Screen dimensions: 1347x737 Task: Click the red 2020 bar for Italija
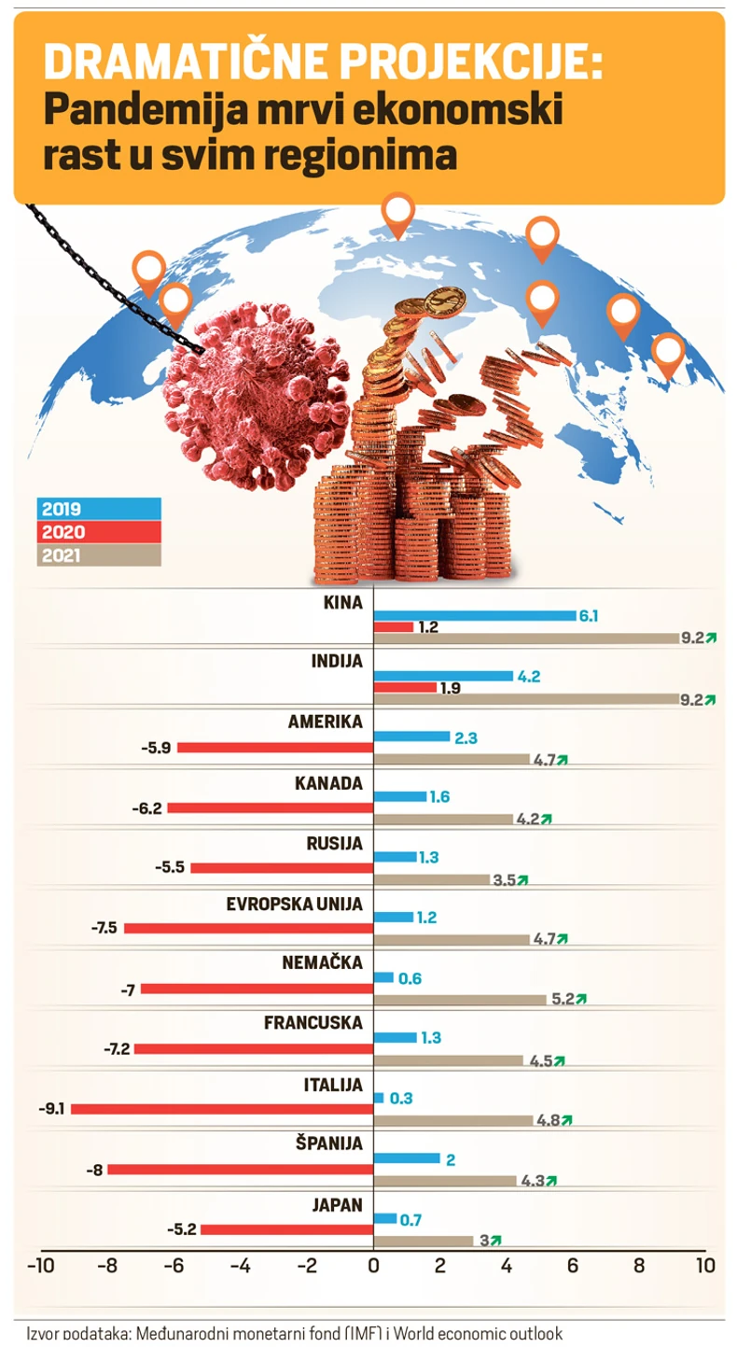[x=222, y=1109]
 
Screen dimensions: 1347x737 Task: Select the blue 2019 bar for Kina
[x=474, y=615]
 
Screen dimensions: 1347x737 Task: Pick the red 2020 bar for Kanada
[x=270, y=807]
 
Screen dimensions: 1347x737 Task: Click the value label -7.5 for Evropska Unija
[x=104, y=928]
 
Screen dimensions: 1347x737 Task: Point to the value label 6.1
[x=589, y=615]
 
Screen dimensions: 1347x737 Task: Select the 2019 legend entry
[x=99, y=510]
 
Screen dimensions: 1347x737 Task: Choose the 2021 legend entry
[x=99, y=556]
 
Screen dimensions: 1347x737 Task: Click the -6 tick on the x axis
[x=174, y=1267]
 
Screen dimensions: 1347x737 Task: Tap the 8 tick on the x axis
[x=639, y=1267]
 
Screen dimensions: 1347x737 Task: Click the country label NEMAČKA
[x=323, y=961]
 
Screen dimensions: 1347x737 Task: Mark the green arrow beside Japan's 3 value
[x=495, y=1241]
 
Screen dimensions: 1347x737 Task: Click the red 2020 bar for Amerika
[x=275, y=747]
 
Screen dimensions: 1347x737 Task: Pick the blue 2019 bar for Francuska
[x=395, y=1037]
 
